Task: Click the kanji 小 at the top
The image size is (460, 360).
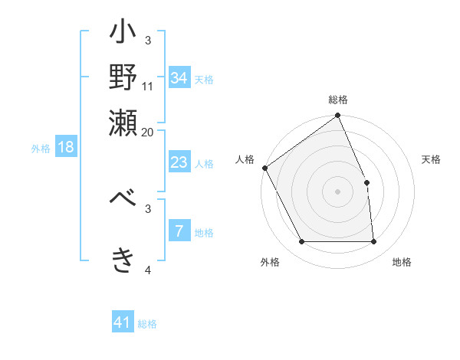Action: (123, 35)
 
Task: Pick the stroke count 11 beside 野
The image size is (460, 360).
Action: (148, 86)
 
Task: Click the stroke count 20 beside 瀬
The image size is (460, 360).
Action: (148, 131)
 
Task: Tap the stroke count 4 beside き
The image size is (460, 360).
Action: (148, 270)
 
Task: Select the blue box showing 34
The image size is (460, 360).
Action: (179, 78)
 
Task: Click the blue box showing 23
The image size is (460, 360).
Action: (179, 162)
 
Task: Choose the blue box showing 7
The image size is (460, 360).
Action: (179, 231)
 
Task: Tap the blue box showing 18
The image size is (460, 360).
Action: (66, 148)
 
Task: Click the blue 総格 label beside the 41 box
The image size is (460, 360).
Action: (147, 324)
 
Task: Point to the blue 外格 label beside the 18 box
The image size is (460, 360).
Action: (41, 149)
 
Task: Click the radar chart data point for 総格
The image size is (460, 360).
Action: (338, 116)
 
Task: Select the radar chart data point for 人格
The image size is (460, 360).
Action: (264, 168)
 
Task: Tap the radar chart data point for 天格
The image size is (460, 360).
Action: (366, 182)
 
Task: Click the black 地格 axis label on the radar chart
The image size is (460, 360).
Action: (402, 263)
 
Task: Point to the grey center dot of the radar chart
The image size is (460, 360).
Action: (338, 191)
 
